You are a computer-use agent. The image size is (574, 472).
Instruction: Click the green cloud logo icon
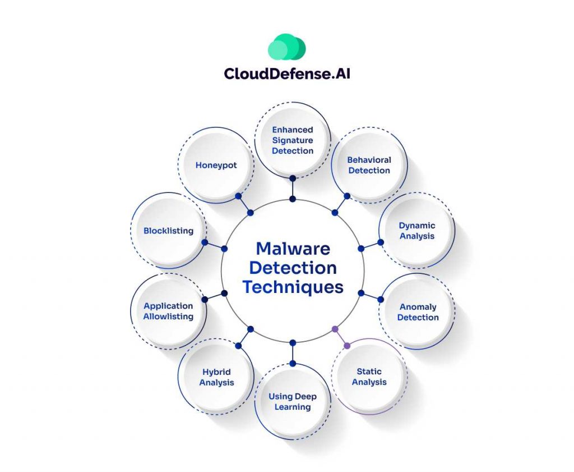pyautogui.click(x=286, y=48)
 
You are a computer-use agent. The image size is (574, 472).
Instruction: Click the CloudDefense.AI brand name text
pyautogui.click(x=286, y=74)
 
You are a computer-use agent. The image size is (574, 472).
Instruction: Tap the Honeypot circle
pyautogui.click(x=216, y=165)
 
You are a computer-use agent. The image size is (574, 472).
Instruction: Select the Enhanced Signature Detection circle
pyautogui.click(x=293, y=140)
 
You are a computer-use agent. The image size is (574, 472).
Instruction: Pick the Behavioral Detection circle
pyautogui.click(x=369, y=165)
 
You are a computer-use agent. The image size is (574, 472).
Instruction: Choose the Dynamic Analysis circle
pyautogui.click(x=416, y=231)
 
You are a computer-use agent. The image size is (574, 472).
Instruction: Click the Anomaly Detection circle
pyautogui.click(x=418, y=312)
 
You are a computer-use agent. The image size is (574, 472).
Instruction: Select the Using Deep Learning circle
pyautogui.click(x=293, y=401)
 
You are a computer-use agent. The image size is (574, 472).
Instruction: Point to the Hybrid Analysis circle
pyautogui.click(x=216, y=377)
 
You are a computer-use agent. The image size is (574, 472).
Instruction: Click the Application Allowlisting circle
pyautogui.click(x=168, y=311)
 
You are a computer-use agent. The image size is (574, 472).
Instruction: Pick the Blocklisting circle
pyautogui.click(x=168, y=230)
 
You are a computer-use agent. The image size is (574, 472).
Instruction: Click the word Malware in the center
pyautogui.click(x=293, y=248)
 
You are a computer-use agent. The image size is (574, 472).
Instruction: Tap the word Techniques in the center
pyautogui.click(x=293, y=287)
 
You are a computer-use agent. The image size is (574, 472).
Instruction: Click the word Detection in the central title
pyautogui.click(x=293, y=268)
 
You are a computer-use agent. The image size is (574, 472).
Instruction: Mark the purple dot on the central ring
pyautogui.click(x=335, y=328)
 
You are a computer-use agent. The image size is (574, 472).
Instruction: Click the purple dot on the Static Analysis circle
pyautogui.click(x=347, y=345)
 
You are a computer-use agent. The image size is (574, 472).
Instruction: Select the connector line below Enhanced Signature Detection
pyautogui.click(x=293, y=189)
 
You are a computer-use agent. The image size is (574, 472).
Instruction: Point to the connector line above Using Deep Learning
pyautogui.click(x=293, y=354)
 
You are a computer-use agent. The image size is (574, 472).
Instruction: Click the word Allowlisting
pyautogui.click(x=168, y=317)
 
